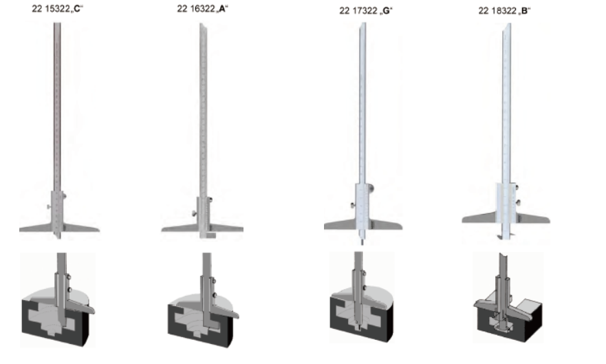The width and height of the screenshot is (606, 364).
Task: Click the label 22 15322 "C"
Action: pyautogui.click(x=58, y=8)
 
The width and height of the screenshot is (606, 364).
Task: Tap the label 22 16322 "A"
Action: pyautogui.click(x=202, y=8)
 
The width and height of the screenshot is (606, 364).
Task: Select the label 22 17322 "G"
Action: pyautogui.click(x=366, y=10)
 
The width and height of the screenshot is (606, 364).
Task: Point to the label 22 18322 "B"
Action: pyautogui.click(x=504, y=10)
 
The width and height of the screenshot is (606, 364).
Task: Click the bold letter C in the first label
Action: pyautogui.click(x=76, y=8)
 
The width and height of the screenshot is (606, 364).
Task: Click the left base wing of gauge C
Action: pyautogui.click(x=36, y=228)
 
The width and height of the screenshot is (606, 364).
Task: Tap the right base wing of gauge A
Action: pyautogui.click(x=226, y=228)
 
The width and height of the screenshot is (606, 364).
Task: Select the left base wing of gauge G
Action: pyautogui.click(x=340, y=224)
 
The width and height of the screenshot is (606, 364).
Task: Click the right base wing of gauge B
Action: pyautogui.click(x=532, y=218)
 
